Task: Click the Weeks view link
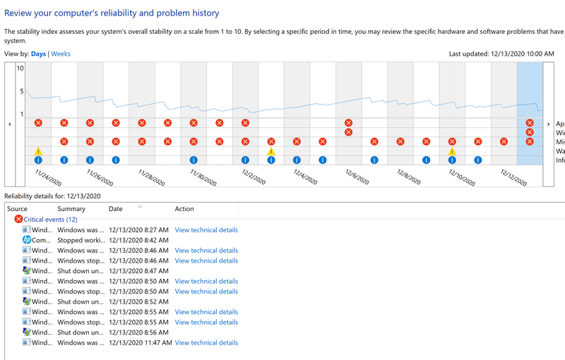[61, 54]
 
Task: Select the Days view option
[39, 54]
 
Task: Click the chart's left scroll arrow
[9, 124]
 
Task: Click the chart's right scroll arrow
[549, 124]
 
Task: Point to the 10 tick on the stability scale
[20, 68]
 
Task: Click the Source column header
[18, 209]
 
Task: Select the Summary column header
[71, 209]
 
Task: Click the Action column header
[184, 209]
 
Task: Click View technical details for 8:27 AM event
[206, 230]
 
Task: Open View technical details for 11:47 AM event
[206, 343]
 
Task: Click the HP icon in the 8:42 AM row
[27, 240]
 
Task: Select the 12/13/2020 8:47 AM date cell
[138, 271]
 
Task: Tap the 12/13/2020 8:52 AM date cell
[138, 301]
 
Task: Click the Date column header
[116, 209]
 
